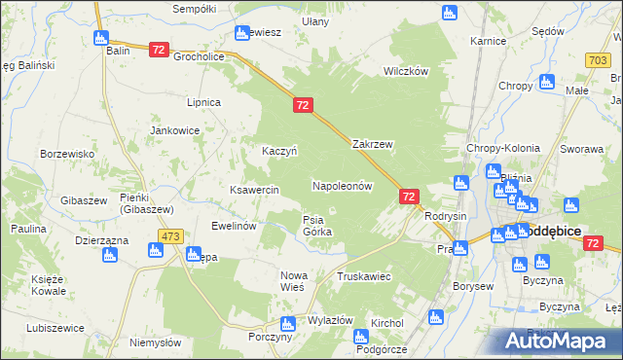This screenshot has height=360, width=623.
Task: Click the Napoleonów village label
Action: pyautogui.click(x=342, y=185)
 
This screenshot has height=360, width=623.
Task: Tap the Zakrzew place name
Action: pyautogui.click(x=372, y=144)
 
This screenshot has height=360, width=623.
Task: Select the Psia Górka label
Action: pyautogui.click(x=317, y=226)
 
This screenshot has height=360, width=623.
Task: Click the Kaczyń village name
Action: pyautogui.click(x=279, y=151)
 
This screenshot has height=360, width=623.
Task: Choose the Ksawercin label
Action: pyautogui.click(x=254, y=189)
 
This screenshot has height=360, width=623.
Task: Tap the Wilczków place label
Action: pyautogui.click(x=406, y=72)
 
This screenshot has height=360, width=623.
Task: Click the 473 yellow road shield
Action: pyautogui.click(x=171, y=236)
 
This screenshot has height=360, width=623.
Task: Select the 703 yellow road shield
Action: pyautogui.click(x=599, y=60)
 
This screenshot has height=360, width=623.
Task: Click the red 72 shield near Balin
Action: pyautogui.click(x=160, y=49)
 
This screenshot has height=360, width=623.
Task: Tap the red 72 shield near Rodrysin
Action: pyautogui.click(x=409, y=197)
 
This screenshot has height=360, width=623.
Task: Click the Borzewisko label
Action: pyautogui.click(x=66, y=154)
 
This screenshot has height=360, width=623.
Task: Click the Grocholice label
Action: pyautogui.click(x=199, y=56)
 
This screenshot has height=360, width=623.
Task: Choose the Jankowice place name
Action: pyautogui.click(x=174, y=129)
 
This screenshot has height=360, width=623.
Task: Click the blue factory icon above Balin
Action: pyautogui.click(x=101, y=38)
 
